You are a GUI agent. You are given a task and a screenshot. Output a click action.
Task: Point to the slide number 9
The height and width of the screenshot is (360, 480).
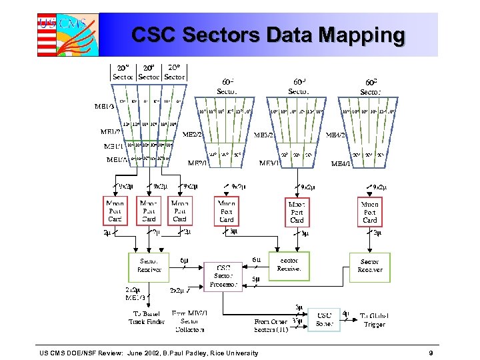coord(432,353)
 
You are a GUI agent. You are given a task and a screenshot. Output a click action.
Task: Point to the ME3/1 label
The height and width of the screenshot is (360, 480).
coord(270,163)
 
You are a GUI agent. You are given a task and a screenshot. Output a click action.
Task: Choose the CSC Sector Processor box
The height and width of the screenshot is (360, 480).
coord(223,275)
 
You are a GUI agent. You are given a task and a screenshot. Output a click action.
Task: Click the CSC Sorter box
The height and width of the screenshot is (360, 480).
coord(324,319)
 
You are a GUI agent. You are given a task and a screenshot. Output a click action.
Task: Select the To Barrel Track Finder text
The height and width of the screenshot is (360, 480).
coord(145,318)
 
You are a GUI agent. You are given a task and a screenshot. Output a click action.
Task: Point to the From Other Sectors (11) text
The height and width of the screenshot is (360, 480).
coord(270,325)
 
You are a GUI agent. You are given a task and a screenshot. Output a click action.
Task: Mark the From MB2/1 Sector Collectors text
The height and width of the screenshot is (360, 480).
coord(190,321)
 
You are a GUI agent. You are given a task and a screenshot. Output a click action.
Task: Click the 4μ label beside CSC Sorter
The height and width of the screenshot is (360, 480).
coord(345,311)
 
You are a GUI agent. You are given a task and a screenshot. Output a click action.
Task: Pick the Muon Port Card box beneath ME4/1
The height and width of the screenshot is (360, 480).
coord(370,211)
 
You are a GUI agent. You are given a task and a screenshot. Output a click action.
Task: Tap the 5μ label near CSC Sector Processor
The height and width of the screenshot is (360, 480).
coord(256,279)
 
